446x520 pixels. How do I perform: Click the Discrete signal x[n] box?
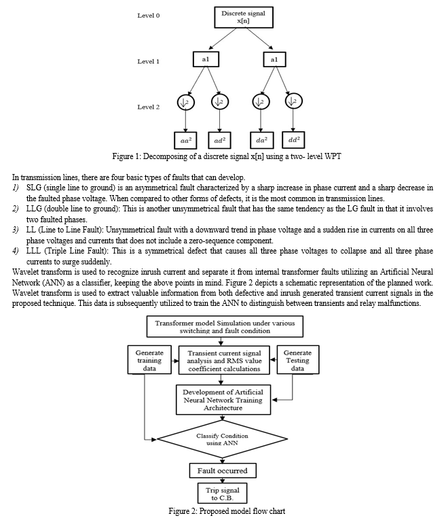(244, 17)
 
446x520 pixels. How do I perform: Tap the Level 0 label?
(149, 16)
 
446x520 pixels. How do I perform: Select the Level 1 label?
(149, 61)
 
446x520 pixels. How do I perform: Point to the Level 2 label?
(149, 107)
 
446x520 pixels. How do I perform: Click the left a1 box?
(206, 59)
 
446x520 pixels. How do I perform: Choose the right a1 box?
(274, 60)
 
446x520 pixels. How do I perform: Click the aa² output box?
(185, 141)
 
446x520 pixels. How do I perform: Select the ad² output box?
(219, 141)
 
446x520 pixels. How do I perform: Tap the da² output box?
(261, 140)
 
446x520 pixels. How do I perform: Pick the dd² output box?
(293, 140)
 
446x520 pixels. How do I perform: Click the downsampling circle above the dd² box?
(294, 101)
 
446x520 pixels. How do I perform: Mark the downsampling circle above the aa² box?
(186, 102)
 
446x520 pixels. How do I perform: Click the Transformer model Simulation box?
(225, 327)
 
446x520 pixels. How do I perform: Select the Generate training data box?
(149, 360)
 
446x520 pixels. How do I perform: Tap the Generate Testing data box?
(297, 360)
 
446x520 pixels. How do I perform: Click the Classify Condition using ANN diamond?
(222, 439)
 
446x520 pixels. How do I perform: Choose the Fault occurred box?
(223, 470)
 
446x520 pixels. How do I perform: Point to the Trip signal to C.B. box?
(223, 493)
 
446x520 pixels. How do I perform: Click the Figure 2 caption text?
(227, 511)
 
